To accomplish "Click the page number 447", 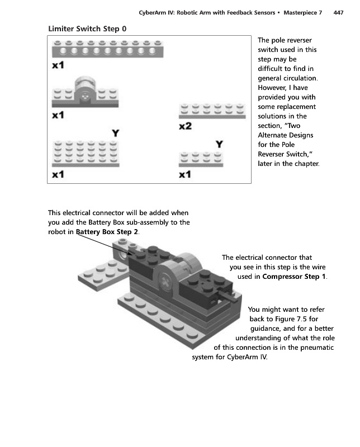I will coord(338,12).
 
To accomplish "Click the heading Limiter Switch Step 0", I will coord(87,28).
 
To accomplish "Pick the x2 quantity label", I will coord(185,127).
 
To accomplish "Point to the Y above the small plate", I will coord(220,144).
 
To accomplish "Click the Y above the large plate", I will coord(115,133).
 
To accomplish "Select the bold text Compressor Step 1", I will coord(294,277).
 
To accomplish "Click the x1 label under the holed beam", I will coord(58,65).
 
